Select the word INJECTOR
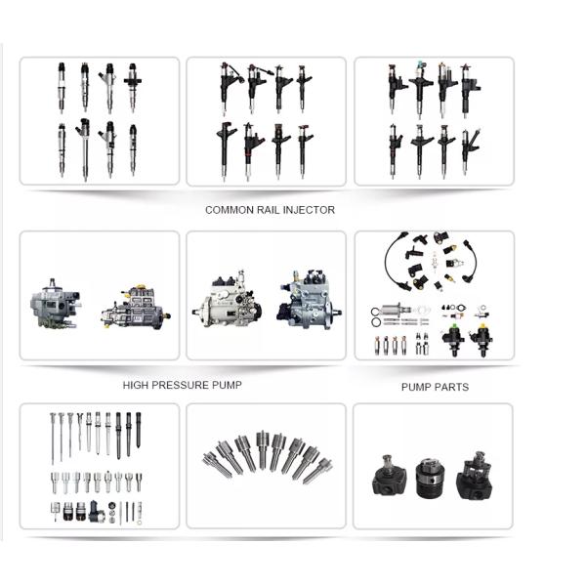[310, 210]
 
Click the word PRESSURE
[181, 386]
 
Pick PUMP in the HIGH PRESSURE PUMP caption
[227, 386]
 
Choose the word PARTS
[451, 387]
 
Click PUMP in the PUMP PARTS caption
[416, 387]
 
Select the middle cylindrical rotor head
[430, 478]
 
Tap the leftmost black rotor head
[388, 476]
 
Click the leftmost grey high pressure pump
[55, 305]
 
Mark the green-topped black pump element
[453, 339]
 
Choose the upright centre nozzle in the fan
[263, 449]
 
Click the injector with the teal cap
[420, 90]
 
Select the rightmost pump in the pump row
[309, 299]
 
